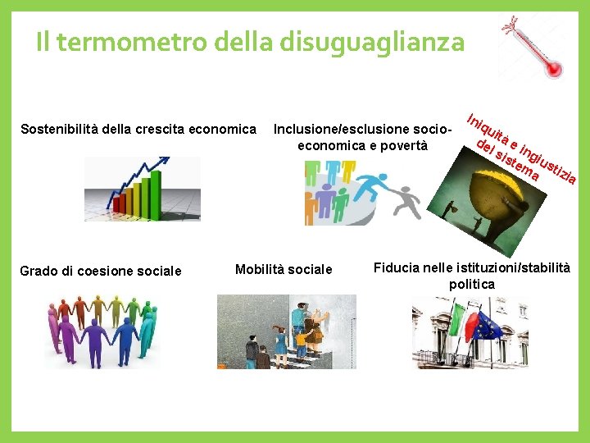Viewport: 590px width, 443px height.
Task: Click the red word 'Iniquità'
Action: click(484, 126)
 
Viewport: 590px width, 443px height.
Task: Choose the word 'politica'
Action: click(471, 284)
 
